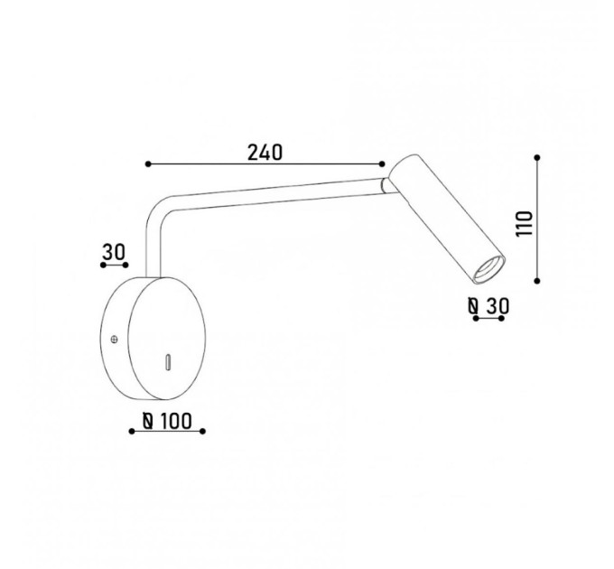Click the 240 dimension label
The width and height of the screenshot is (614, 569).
coord(265,153)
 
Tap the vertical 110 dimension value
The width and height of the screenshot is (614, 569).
coord(525,224)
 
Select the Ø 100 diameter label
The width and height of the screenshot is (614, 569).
coord(167,421)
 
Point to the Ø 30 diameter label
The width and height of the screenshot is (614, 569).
coord(488,306)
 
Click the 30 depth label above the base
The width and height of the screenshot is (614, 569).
coord(114,252)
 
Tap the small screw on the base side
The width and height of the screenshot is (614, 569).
coord(115,339)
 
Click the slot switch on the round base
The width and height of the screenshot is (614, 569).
coord(168,362)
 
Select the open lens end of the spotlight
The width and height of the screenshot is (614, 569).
coord(488,270)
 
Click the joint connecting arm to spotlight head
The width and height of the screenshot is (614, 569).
coord(385,185)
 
